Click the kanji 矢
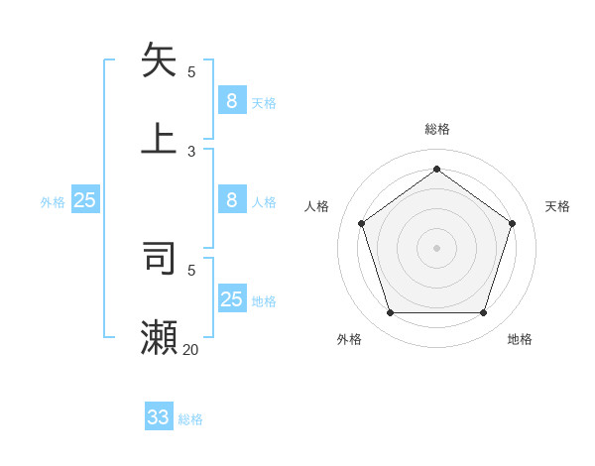coord(160,59)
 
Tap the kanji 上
coord(160,138)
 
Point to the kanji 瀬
coord(160,336)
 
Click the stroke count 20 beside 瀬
coord(190,349)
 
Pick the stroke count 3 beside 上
coord(191,151)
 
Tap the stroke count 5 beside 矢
coord(191,71)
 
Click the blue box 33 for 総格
coord(159,417)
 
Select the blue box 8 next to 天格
coord(231,100)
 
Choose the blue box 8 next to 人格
coord(231,200)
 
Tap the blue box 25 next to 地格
coord(231,299)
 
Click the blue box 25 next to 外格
coord(84,200)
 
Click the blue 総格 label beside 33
coord(190,419)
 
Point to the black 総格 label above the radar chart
coord(436,129)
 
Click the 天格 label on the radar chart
coord(557,206)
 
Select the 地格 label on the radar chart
coord(520,339)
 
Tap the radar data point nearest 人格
coord(362,223)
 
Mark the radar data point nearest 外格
coord(390,312)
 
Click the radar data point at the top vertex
coord(436,169)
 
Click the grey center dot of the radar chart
coord(436,247)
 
